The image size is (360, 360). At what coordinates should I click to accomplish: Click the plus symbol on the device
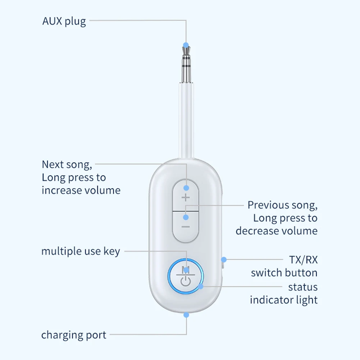pyautogui.click(x=186, y=197)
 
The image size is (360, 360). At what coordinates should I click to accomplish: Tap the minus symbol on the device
pyautogui.click(x=186, y=227)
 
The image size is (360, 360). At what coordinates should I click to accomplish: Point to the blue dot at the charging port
pyautogui.click(x=186, y=315)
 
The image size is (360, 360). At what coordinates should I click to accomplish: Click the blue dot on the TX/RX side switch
pyautogui.click(x=224, y=259)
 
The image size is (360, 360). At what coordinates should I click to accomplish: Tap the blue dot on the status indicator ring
pyautogui.click(x=200, y=287)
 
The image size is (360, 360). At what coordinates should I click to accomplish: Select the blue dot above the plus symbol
pyautogui.click(x=186, y=188)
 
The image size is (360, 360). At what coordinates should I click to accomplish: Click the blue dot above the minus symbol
pyautogui.click(x=186, y=217)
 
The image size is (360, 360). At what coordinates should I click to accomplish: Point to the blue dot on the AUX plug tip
pyautogui.click(x=186, y=45)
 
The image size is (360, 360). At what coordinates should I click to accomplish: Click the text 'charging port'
pyautogui.click(x=74, y=335)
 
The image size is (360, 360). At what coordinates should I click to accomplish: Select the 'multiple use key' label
pyautogui.click(x=81, y=251)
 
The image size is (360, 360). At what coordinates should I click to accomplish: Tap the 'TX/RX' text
pyautogui.click(x=304, y=259)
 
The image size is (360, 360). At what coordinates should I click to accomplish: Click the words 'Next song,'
pyautogui.click(x=67, y=165)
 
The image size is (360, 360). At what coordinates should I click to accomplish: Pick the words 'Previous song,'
pyautogui.click(x=282, y=205)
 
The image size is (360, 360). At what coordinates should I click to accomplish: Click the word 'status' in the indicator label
pyautogui.click(x=303, y=287)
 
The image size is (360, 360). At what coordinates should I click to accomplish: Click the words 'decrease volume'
pyautogui.click(x=277, y=231)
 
